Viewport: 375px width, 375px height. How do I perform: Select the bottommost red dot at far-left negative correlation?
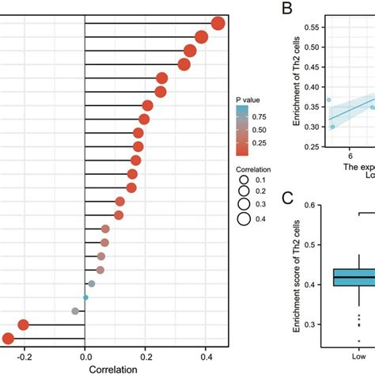pos(8,339)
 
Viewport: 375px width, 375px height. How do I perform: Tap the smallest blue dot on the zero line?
pos(85,297)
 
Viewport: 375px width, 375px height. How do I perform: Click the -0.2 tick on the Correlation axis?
pos(24,356)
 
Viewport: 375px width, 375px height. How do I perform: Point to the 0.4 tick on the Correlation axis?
pos(206,356)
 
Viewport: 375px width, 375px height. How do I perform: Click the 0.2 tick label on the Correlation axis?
pos(146,356)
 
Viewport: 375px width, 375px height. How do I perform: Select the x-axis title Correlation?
pos(116,368)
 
